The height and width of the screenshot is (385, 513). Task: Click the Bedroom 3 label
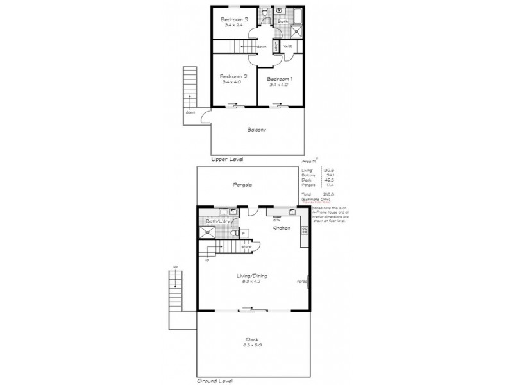[x=234, y=19]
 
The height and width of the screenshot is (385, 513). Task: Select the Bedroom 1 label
[x=280, y=78]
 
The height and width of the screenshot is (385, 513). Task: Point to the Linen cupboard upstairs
[x=276, y=47]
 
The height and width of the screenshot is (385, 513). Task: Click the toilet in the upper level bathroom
[x=265, y=12]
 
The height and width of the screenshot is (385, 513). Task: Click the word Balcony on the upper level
[x=256, y=129]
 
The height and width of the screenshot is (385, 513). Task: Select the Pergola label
[x=242, y=185]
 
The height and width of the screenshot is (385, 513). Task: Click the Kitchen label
[x=282, y=228]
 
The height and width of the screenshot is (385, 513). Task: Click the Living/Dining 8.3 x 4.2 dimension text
[x=255, y=280]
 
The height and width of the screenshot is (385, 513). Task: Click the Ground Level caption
[x=214, y=381]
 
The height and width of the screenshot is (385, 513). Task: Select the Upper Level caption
[x=227, y=158]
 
